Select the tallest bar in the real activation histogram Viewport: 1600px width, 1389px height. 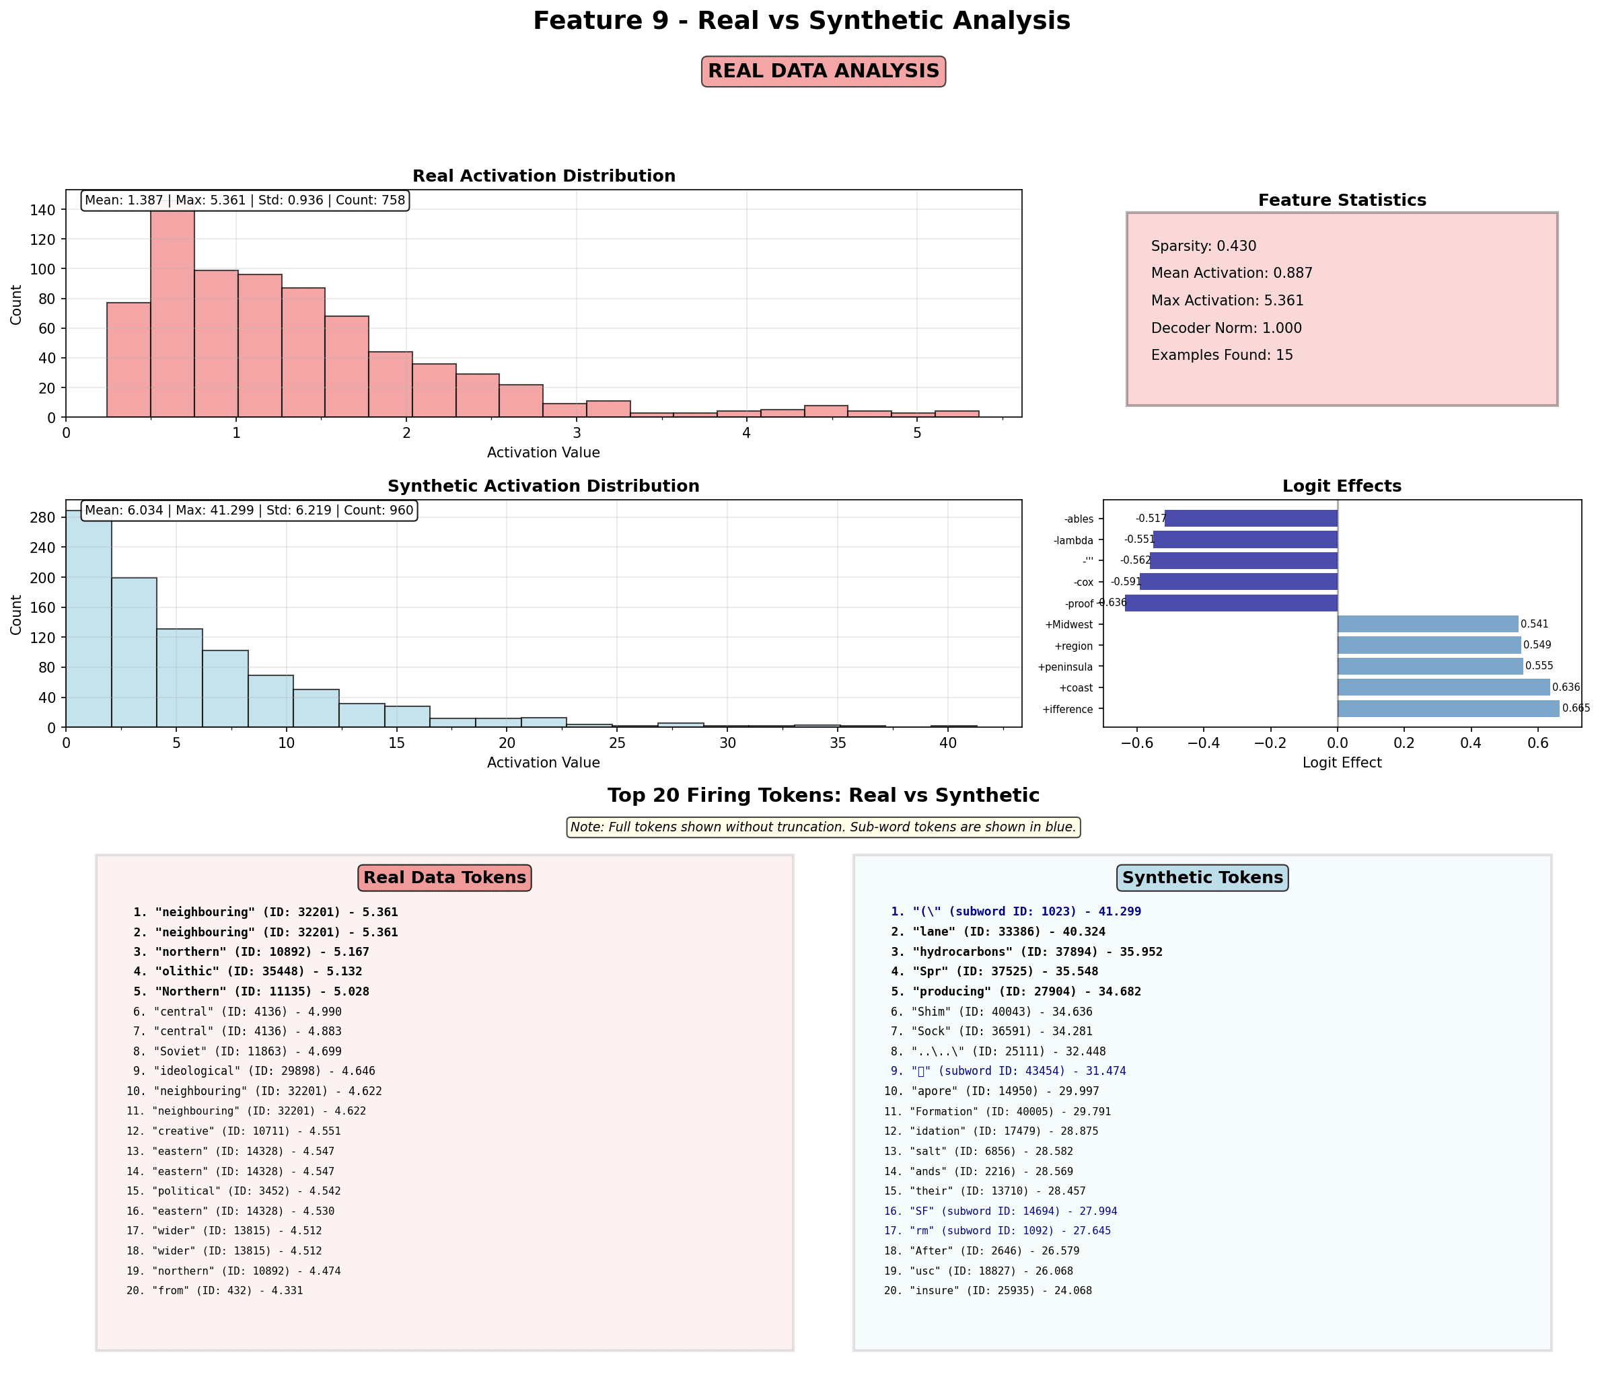coord(172,313)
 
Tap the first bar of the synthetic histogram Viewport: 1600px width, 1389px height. coord(88,619)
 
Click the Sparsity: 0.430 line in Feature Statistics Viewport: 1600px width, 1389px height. coord(1203,246)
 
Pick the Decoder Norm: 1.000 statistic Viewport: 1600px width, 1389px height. coord(1226,328)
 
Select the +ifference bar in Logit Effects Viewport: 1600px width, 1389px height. coord(1447,708)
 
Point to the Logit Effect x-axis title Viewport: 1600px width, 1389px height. coord(1341,763)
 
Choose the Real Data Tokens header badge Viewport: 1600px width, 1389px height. coord(444,877)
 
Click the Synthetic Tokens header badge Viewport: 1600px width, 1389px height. coord(1202,877)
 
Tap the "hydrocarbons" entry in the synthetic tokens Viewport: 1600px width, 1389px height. coord(1026,952)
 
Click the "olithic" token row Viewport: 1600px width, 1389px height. coord(248,972)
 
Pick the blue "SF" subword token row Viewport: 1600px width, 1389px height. coord(1000,1211)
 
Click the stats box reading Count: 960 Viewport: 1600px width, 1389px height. coord(249,511)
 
